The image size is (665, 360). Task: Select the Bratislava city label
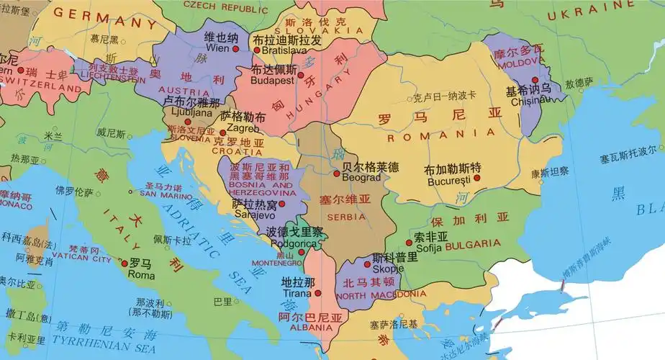click(277, 51)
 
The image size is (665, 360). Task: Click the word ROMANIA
click(440, 135)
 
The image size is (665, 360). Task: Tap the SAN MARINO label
click(160, 194)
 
